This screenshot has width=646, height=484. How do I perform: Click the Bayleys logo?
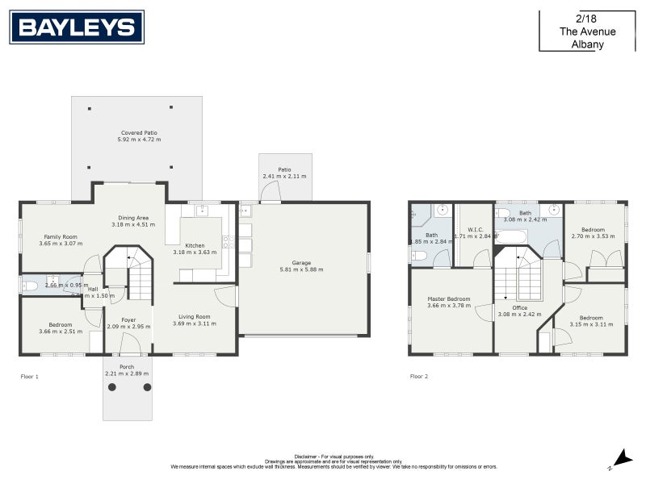click(77, 27)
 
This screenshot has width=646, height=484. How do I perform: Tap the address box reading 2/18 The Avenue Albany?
click(587, 31)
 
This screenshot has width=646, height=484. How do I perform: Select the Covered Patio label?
click(139, 132)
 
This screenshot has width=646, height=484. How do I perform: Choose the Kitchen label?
click(195, 245)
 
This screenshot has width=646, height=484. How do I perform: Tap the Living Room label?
click(191, 316)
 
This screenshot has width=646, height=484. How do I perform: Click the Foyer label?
click(128, 319)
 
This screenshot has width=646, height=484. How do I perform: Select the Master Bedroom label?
click(448, 298)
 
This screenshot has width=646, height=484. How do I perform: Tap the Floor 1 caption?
click(29, 376)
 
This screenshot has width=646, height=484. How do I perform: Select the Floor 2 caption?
click(419, 376)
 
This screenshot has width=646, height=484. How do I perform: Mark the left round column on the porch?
click(112, 387)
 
